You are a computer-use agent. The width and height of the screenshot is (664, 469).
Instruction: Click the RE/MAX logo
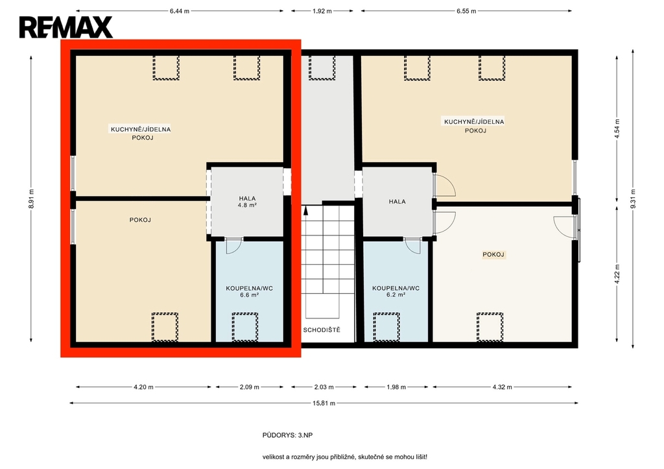[x=65, y=27]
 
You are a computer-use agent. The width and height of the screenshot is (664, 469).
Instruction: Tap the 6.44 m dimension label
[x=180, y=11]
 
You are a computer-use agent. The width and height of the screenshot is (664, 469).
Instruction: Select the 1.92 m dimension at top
[x=322, y=11]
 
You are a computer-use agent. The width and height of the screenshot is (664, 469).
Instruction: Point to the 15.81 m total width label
[x=324, y=403]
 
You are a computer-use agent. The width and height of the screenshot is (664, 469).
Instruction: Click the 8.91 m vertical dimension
[x=31, y=198]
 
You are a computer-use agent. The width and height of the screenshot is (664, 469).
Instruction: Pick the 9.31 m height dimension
[x=633, y=198]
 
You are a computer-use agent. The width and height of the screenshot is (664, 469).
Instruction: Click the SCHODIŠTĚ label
[x=322, y=330]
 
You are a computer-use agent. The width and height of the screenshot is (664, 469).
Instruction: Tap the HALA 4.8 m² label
[x=247, y=201]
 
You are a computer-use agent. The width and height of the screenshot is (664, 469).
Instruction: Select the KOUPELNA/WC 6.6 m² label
[x=250, y=291]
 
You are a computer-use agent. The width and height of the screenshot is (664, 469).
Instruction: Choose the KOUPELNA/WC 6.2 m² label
[x=396, y=291]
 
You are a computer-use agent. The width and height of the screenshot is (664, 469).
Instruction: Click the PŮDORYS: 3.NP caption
[x=287, y=435]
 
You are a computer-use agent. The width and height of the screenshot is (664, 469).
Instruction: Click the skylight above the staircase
[x=322, y=67]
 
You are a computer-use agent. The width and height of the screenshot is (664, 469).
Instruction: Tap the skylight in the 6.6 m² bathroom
[x=244, y=327]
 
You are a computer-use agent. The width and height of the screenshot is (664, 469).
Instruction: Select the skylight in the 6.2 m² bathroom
[x=386, y=327]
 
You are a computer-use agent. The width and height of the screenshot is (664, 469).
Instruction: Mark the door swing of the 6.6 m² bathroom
[x=233, y=247]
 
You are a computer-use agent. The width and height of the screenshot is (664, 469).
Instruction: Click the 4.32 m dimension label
[x=503, y=387]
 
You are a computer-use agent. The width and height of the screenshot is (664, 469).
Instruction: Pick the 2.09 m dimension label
[x=250, y=387]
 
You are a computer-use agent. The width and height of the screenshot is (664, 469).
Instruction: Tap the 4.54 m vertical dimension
[x=617, y=128]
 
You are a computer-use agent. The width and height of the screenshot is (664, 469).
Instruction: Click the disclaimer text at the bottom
[x=345, y=457]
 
